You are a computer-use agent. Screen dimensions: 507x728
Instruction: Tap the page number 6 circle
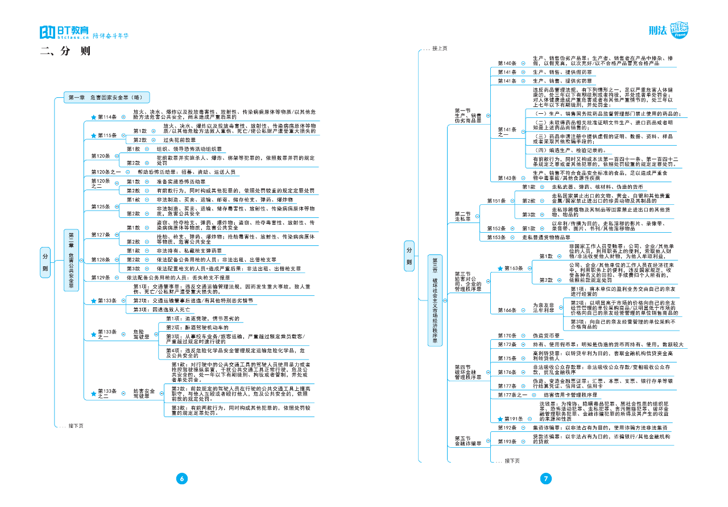[182, 479]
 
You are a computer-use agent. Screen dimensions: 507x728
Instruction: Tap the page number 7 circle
[546, 479]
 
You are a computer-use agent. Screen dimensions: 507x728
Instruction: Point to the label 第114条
[107, 117]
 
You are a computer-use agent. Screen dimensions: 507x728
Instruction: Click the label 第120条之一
[106, 171]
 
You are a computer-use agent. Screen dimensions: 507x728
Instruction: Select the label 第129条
[100, 278]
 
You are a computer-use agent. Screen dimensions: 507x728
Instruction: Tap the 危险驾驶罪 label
[140, 333]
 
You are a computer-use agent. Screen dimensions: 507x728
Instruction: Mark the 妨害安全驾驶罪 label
[144, 394]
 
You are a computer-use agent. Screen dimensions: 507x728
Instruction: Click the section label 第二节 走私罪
[462, 216]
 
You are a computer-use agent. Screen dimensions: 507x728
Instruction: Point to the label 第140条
[507, 63]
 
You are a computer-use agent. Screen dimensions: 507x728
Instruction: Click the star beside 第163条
[500, 268]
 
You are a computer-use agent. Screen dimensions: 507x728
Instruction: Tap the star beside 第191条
[500, 419]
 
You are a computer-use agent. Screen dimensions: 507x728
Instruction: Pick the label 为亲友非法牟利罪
[544, 308]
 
